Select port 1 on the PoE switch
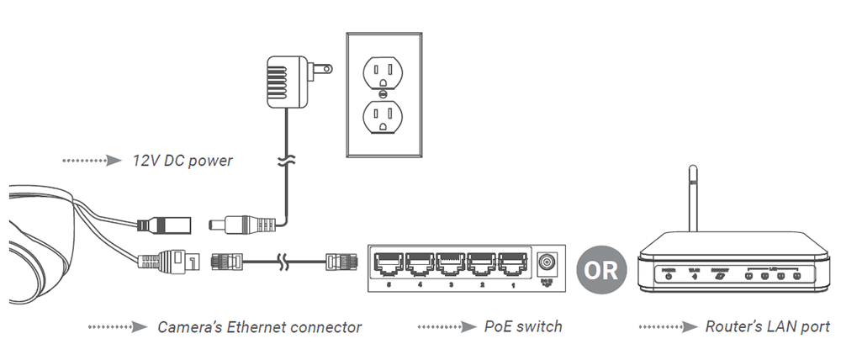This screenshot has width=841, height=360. (x=512, y=267)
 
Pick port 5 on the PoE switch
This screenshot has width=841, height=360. (x=388, y=267)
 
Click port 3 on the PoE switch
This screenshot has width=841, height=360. (x=450, y=267)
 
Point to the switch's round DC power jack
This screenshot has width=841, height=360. (x=548, y=262)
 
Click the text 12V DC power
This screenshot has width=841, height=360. (x=182, y=160)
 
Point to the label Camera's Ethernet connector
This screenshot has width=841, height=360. (x=259, y=326)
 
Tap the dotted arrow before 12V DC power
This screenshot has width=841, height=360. (x=93, y=160)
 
